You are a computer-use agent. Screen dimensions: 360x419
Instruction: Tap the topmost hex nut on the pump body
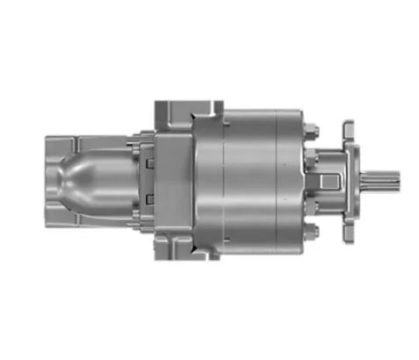point(312,132)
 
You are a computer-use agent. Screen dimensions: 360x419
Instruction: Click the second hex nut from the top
point(310,159)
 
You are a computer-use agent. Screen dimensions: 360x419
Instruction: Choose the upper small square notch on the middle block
point(149,162)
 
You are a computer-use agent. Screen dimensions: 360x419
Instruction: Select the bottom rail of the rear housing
point(88,226)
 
